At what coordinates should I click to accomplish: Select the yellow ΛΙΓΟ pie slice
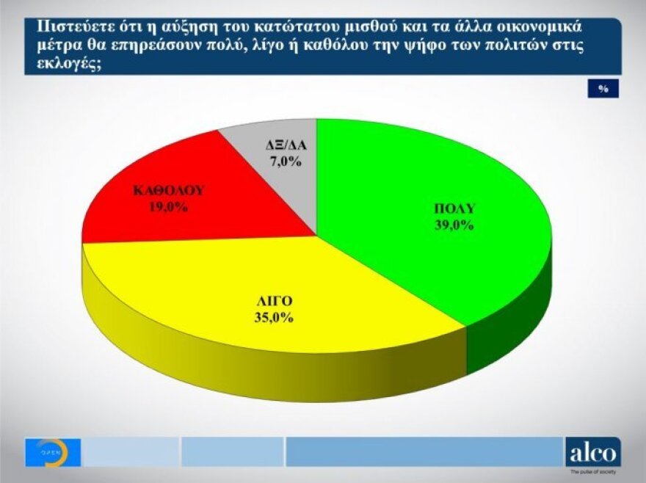pos(242,279)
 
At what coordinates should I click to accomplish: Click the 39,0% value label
pos(453,225)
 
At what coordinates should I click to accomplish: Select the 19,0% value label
pos(168,207)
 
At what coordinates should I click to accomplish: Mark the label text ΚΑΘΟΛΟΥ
pos(168,191)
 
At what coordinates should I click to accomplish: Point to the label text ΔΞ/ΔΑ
pos(285,145)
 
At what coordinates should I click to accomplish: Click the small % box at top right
pos(603,88)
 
